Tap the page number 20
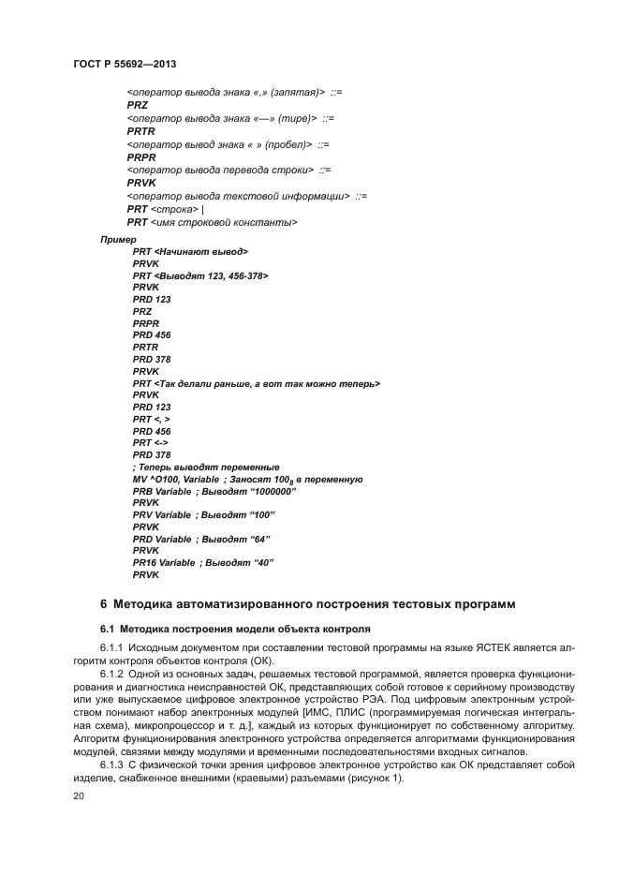79,796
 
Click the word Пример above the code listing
118,241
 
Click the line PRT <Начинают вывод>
190,253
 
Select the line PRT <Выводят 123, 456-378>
200,276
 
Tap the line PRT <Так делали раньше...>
256,384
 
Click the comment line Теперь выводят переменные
206,468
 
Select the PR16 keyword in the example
143,563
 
